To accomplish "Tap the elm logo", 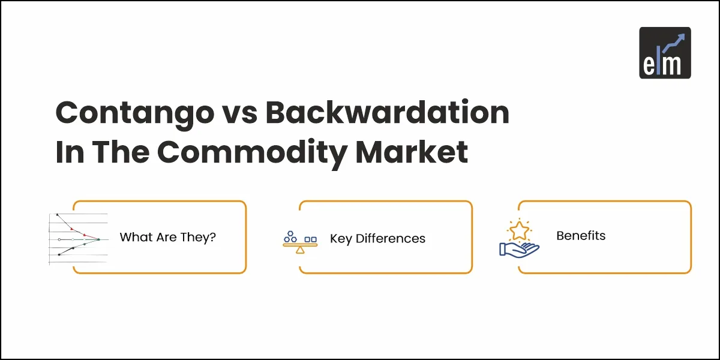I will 665,53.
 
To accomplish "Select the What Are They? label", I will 167,237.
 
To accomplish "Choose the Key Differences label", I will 377,238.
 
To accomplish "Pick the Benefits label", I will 581,236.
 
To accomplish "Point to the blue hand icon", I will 518,248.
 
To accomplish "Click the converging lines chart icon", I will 78,238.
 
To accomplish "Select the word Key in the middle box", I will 341,239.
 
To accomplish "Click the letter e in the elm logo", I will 649,64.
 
